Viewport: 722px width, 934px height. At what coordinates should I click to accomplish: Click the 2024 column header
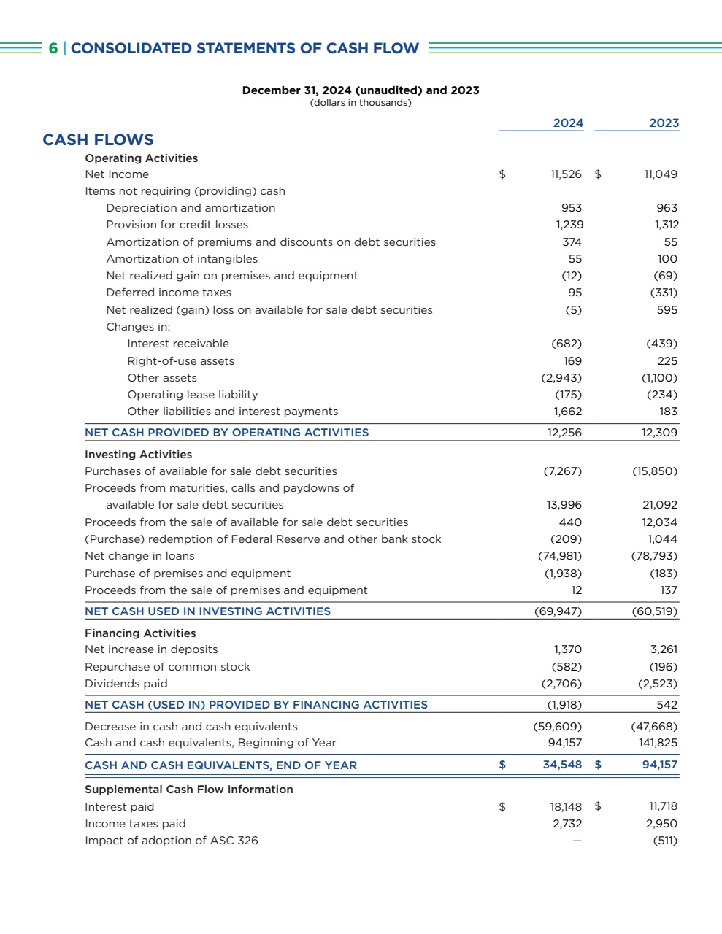(568, 123)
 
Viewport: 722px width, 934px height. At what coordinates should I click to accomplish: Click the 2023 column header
(664, 123)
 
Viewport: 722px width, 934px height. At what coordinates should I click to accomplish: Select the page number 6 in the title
(53, 48)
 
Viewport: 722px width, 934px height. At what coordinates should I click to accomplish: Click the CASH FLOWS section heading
(98, 140)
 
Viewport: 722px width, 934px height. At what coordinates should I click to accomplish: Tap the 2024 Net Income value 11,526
(566, 174)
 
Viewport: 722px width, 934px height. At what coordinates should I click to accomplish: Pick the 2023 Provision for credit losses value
(667, 225)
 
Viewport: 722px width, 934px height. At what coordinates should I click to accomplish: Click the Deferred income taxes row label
(169, 293)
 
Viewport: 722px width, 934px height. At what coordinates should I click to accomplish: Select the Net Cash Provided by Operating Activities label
(226, 433)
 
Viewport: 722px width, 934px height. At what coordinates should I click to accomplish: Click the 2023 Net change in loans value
(654, 556)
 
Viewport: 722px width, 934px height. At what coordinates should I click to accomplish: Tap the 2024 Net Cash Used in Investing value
(558, 611)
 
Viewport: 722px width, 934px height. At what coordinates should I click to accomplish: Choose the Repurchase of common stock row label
(167, 667)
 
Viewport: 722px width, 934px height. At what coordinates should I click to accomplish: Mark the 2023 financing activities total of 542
(667, 705)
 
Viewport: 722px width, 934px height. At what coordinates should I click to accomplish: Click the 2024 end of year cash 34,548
(562, 765)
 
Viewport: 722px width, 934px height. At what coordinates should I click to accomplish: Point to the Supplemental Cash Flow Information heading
(189, 790)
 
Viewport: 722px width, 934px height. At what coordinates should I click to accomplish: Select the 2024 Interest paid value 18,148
(566, 807)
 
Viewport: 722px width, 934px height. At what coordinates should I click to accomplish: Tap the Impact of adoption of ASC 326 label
(172, 841)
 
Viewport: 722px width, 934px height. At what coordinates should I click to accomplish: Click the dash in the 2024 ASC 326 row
(577, 841)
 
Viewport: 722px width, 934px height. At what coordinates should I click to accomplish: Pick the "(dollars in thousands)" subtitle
(361, 103)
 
